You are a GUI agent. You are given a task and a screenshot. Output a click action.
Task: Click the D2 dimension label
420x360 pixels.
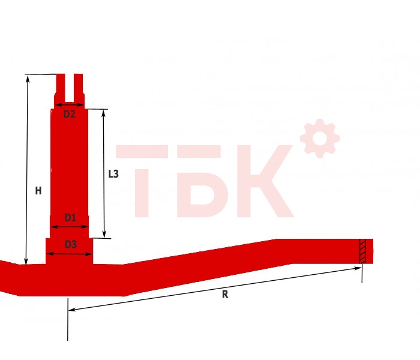click(x=69, y=115)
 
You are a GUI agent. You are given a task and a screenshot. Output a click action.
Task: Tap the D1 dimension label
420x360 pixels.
click(x=70, y=217)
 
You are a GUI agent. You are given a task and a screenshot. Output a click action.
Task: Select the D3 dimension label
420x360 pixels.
click(x=71, y=244)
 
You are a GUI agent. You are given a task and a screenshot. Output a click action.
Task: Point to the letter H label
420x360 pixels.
click(x=38, y=191)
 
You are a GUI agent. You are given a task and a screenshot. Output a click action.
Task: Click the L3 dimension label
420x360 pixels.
click(x=113, y=174)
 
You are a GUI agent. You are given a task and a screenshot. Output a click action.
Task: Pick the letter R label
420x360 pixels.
click(x=225, y=295)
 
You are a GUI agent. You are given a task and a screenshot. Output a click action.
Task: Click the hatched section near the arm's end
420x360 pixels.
click(x=362, y=251)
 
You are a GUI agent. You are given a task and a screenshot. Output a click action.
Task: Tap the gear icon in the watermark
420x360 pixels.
click(x=320, y=138)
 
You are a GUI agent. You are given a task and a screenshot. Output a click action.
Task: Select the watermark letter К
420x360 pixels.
click(x=265, y=181)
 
